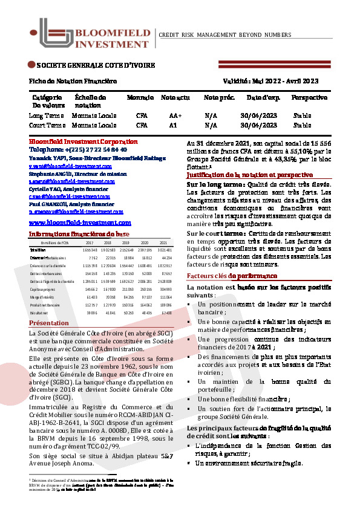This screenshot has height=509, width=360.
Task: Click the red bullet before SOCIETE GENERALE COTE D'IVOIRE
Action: [x=31, y=65]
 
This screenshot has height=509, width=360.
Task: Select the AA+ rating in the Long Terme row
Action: [x=175, y=115]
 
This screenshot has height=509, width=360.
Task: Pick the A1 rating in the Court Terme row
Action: [x=173, y=126]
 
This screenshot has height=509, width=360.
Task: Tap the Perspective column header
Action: [x=309, y=97]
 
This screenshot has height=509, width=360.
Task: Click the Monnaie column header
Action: [x=140, y=97]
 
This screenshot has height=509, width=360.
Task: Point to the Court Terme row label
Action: [x=47, y=126]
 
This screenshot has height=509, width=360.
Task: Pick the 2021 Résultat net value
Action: [x=165, y=313]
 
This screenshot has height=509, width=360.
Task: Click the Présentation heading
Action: [x=49, y=323]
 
